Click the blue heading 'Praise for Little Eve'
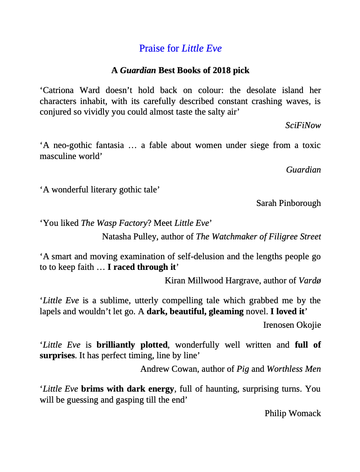180,48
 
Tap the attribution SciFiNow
303,125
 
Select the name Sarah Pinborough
288,203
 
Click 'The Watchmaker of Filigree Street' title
258,236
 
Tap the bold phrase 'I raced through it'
142,267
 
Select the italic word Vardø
310,280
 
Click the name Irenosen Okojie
292,325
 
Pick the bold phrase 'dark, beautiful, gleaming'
195,311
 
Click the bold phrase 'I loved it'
287,311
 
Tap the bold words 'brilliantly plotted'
132,345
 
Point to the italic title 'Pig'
243,369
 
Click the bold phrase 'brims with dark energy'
127,389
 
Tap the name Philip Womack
292,413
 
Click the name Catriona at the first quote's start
59,90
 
